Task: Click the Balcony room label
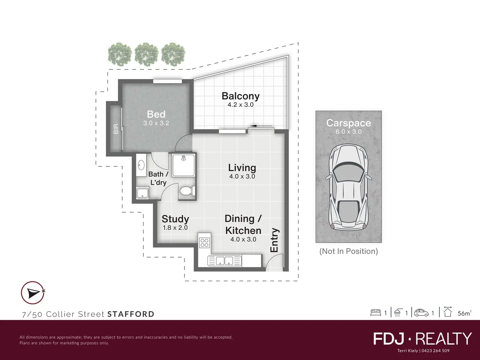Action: pyautogui.click(x=241, y=96)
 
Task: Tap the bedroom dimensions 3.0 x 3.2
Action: pyautogui.click(x=156, y=123)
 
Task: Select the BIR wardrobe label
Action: pyautogui.click(x=116, y=129)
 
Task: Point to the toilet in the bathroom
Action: pyautogui.click(x=188, y=191)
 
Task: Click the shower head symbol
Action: pyautogui.click(x=184, y=158)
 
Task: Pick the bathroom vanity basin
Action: pyautogui.click(x=141, y=165)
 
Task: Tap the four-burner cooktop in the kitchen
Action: pyautogui.click(x=204, y=243)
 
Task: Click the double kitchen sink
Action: pyautogui.click(x=224, y=261)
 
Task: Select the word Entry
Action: pyautogui.click(x=274, y=240)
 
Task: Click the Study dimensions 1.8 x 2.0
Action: pyautogui.click(x=175, y=228)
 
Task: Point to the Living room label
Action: pyautogui.click(x=242, y=168)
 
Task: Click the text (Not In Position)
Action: pyautogui.click(x=349, y=251)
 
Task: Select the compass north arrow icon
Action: pyautogui.click(x=33, y=293)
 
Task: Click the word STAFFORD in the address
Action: pyautogui.click(x=131, y=314)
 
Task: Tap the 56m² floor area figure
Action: pyautogui.click(x=464, y=313)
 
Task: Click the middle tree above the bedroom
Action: pyautogui.click(x=147, y=54)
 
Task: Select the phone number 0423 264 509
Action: pyautogui.click(x=435, y=351)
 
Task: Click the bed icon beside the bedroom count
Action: pyautogui.click(x=376, y=313)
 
